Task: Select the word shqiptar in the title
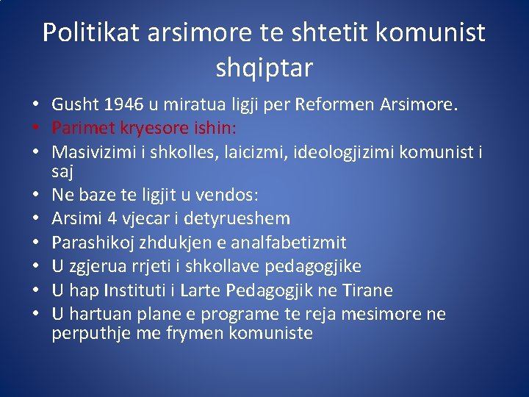tap(264, 68)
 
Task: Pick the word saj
tap(63, 172)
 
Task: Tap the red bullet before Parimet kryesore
tap(37, 129)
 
